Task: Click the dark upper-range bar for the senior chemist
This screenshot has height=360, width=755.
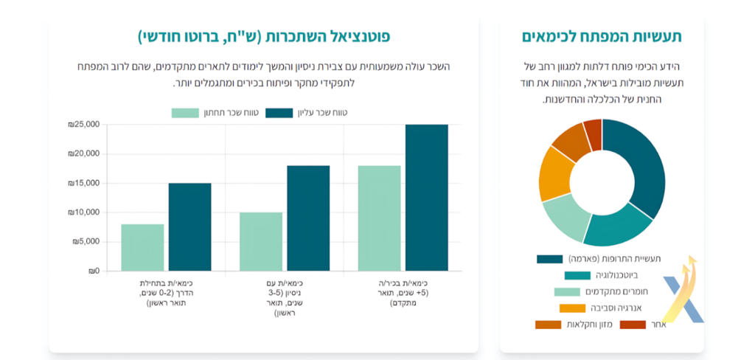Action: pyautogui.click(x=427, y=198)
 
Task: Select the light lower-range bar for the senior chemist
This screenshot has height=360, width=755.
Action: pyautogui.click(x=380, y=218)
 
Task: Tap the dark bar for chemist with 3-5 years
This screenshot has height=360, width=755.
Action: pyautogui.click(x=309, y=218)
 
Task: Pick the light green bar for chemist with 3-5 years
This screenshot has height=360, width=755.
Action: pyautogui.click(x=261, y=241)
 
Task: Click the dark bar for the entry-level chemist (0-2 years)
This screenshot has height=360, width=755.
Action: pyautogui.click(x=189, y=227)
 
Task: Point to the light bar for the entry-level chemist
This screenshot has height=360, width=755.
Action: pyautogui.click(x=142, y=247)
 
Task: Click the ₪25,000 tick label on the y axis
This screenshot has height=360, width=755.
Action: pyautogui.click(x=84, y=125)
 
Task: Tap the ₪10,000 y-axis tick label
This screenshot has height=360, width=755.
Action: pyautogui.click(x=84, y=212)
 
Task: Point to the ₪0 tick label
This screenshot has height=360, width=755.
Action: pyautogui.click(x=94, y=271)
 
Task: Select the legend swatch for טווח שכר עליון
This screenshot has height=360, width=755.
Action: pyautogui.click(x=279, y=113)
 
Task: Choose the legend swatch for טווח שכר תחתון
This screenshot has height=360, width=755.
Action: pyautogui.click(x=185, y=113)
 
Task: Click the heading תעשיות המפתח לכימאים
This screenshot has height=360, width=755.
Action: pyautogui.click(x=602, y=37)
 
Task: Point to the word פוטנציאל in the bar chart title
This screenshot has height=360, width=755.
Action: pyautogui.click(x=355, y=37)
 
